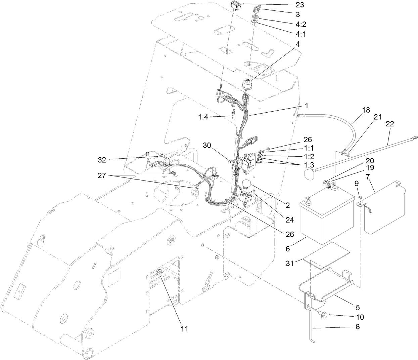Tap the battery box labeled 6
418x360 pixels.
326,218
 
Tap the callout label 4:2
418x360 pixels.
301,24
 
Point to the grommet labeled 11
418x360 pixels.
160,272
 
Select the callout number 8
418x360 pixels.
357,326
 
